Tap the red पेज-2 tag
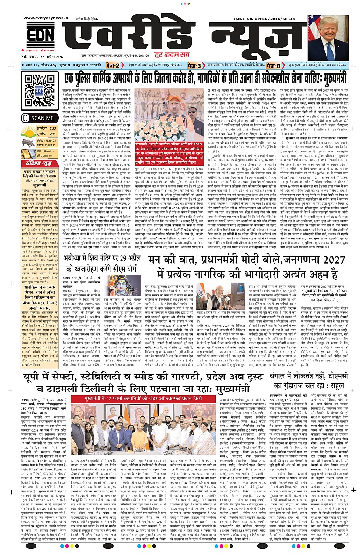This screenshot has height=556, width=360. point(113,65)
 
